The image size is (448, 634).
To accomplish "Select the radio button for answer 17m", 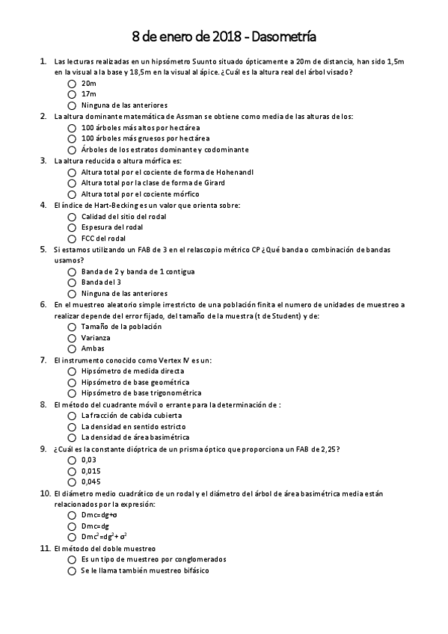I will pyautogui.click(x=72, y=94).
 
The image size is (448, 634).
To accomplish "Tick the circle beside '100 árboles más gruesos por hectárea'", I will pyautogui.click(x=72, y=138).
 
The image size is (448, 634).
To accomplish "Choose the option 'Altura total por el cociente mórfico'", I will pyautogui.click(x=72, y=194).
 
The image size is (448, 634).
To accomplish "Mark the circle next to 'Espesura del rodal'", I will pyautogui.click(x=72, y=227).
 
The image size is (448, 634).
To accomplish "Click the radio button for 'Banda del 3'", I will pyautogui.click(x=72, y=283).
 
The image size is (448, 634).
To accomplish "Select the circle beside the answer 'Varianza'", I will pyautogui.click(x=72, y=337).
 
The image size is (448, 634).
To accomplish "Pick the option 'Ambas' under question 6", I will pyautogui.click(x=72, y=348).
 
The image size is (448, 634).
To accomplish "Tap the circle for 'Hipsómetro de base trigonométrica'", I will pyautogui.click(x=72, y=393).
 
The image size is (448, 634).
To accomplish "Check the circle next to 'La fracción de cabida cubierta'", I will pyautogui.click(x=72, y=416).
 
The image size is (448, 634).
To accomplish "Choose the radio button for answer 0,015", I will pyautogui.click(x=72, y=471).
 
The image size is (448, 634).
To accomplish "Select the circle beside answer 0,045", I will pyautogui.click(x=72, y=482).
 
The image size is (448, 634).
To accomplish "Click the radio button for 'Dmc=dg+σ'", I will pyautogui.click(x=72, y=515).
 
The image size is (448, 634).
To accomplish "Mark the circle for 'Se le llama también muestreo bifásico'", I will pyautogui.click(x=72, y=570).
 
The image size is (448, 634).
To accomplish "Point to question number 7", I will pyautogui.click(x=43, y=360).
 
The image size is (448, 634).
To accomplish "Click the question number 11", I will pyautogui.click(x=43, y=548).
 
